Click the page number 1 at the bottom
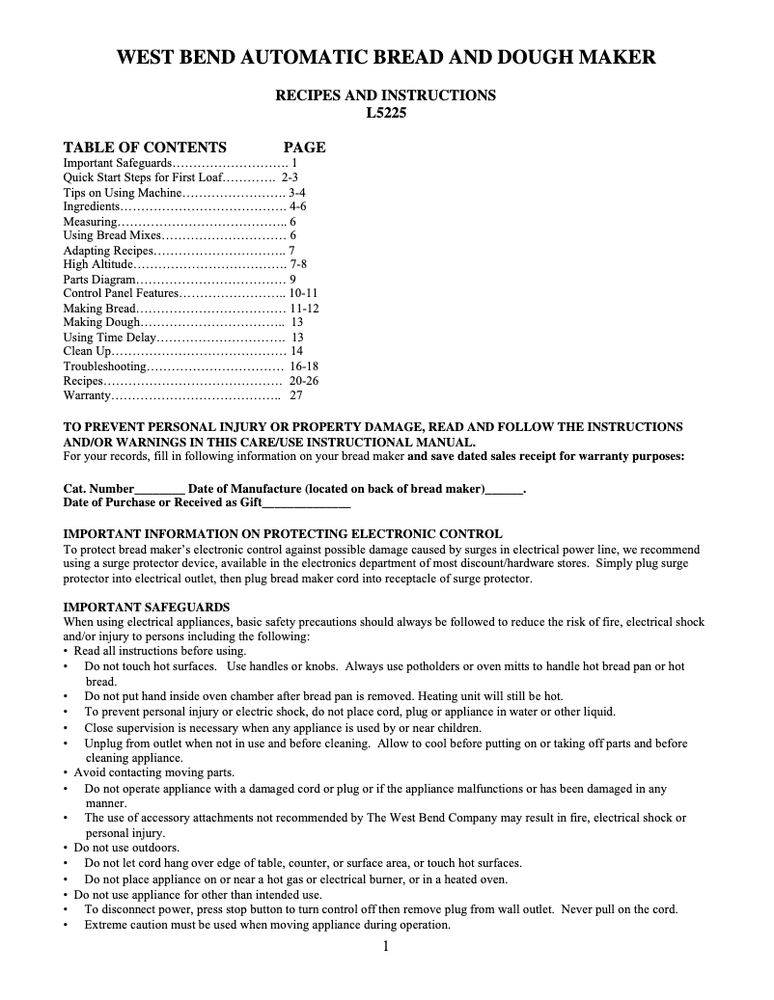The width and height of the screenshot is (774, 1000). [386, 946]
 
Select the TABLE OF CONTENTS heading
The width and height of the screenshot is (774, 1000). [145, 148]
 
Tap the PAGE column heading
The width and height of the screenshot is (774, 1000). [304, 148]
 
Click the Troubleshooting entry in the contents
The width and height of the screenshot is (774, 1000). [104, 366]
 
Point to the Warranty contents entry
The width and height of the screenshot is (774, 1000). [88, 395]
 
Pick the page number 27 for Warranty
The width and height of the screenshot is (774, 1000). [296, 395]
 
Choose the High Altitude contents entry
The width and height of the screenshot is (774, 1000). [97, 264]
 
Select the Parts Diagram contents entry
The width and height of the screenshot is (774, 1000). [98, 279]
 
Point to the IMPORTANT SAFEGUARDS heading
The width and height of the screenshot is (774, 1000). [146, 608]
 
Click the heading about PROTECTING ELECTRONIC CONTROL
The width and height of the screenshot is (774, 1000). [282, 533]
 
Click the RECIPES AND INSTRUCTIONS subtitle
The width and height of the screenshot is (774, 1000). [386, 95]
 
